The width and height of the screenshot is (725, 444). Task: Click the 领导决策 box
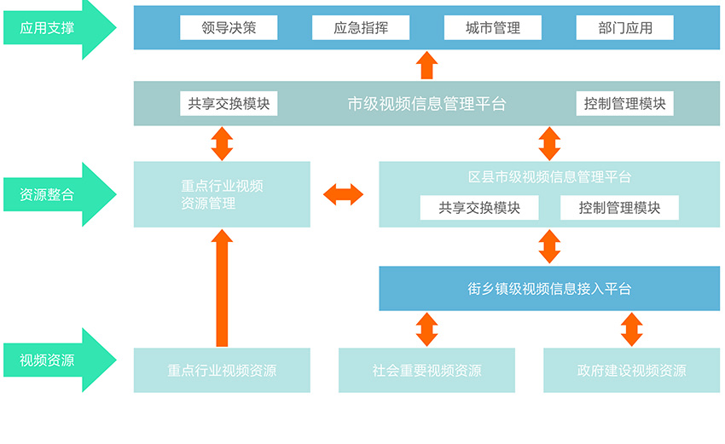point(229,27)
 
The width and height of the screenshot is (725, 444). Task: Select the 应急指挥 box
point(361,27)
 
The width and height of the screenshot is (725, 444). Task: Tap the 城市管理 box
point(492,27)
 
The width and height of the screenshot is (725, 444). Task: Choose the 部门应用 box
point(624,27)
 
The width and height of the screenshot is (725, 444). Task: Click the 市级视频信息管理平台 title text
point(426,104)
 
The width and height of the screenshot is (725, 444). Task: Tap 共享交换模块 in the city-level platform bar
point(229,104)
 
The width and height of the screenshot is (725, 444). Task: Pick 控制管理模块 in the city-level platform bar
point(624,104)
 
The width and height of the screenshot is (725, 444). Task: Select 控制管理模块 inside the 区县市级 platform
point(619,207)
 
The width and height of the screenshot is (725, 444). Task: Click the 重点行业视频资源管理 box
point(222,194)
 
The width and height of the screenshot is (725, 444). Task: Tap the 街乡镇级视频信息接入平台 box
point(549,289)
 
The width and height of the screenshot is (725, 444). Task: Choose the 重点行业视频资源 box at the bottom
point(222,371)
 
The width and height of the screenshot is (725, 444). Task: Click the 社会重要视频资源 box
point(426,371)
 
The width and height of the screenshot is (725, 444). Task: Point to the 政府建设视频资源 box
point(631,371)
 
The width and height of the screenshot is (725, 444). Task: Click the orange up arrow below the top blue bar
point(426,66)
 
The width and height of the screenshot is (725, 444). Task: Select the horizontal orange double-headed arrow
point(344,194)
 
